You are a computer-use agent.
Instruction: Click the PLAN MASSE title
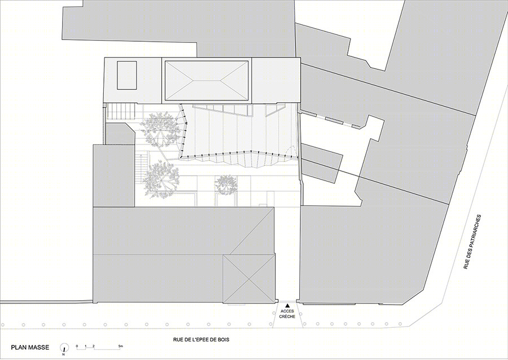[x=30, y=348]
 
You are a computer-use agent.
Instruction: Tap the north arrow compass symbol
[x=64, y=348]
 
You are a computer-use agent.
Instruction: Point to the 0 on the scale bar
[x=77, y=346]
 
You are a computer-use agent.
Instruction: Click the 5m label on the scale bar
[x=121, y=346]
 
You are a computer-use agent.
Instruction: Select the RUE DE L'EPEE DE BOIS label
[x=201, y=340]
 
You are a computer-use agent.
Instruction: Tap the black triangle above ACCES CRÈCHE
[x=287, y=305]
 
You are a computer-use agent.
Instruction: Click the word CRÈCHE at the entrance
[x=287, y=317]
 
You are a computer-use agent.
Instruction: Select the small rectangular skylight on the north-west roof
[x=126, y=75]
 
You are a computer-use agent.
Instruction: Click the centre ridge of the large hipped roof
[x=206, y=80]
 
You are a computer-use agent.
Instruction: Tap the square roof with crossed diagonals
[x=249, y=279]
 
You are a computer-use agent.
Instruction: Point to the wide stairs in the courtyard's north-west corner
[x=121, y=111]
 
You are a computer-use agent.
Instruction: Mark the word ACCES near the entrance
[x=287, y=311]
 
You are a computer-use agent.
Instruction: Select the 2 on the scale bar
[x=93, y=346]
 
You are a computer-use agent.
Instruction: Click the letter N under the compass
[x=64, y=354]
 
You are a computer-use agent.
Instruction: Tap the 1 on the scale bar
[x=86, y=346]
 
